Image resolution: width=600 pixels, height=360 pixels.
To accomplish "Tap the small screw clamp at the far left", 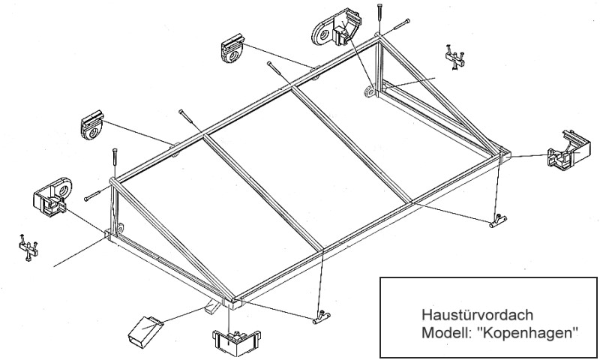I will (x=27, y=248).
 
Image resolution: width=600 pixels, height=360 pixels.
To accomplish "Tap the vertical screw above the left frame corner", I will (x=115, y=161).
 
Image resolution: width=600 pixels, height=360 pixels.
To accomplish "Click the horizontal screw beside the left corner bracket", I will (x=95, y=195).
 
